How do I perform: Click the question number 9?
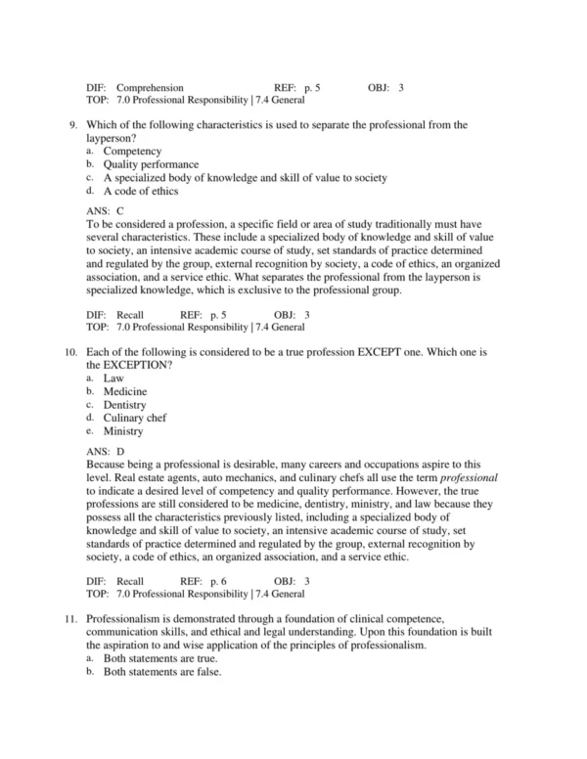(74, 125)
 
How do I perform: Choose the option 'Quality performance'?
(151, 165)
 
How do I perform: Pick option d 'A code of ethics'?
(141, 192)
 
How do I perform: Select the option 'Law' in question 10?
(114, 378)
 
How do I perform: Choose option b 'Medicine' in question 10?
(126, 391)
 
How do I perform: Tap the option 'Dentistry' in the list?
(125, 404)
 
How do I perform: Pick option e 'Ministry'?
(124, 431)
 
